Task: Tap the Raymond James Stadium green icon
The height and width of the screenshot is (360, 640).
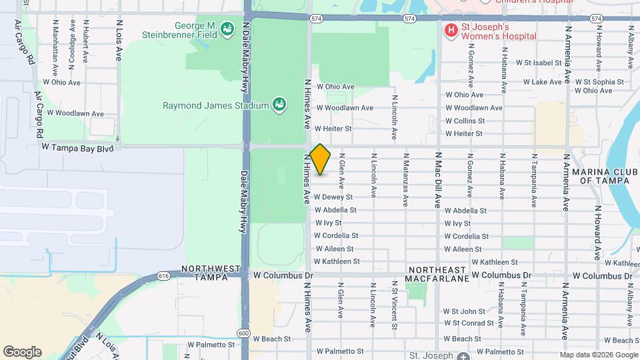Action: pyautogui.click(x=279, y=105)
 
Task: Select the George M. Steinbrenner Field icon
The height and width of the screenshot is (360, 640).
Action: pyautogui.click(x=227, y=29)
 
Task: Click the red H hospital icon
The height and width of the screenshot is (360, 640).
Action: pyautogui.click(x=451, y=30)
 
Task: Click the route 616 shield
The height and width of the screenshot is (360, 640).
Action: pyautogui.click(x=164, y=275)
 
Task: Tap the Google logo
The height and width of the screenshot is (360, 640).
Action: pyautogui.click(x=22, y=352)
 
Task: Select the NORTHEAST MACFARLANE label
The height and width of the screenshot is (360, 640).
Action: pyautogui.click(x=438, y=273)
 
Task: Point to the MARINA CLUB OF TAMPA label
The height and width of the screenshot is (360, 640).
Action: pyautogui.click(x=605, y=176)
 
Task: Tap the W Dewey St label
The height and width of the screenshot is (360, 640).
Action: pyautogui.click(x=342, y=197)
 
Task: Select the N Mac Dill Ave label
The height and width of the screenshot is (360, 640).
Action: pyautogui.click(x=439, y=180)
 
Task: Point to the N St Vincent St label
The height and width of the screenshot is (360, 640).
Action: pyautogui.click(x=395, y=306)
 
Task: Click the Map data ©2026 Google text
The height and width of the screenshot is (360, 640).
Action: pyautogui.click(x=599, y=355)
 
